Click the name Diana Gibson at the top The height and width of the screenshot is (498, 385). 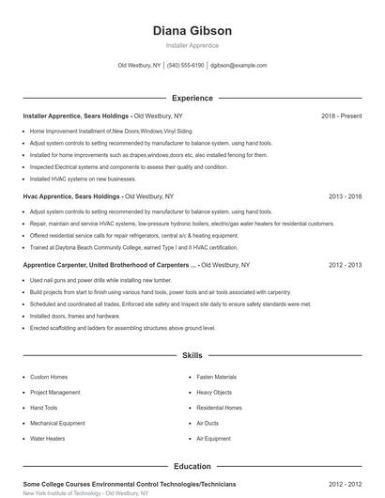click(192, 30)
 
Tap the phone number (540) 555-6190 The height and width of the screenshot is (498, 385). click(186, 66)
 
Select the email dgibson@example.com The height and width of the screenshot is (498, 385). click(239, 66)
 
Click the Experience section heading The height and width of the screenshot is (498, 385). click(192, 98)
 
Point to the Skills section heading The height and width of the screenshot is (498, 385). click(192, 356)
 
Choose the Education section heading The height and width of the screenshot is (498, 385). click(192, 466)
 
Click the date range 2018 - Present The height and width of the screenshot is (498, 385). click(341, 116)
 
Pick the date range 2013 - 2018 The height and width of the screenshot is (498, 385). click(345, 197)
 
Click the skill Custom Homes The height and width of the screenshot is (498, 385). click(49, 377)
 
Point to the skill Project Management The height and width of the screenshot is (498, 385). click(54, 393)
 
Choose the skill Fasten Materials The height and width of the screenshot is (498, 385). click(217, 377)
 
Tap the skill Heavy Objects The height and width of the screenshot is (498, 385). click(214, 393)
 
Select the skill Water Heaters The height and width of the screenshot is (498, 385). click(48, 439)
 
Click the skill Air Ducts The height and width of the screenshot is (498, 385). click(208, 424)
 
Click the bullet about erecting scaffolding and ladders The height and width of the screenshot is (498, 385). click(122, 328)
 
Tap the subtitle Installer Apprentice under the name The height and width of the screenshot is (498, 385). click(192, 45)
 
